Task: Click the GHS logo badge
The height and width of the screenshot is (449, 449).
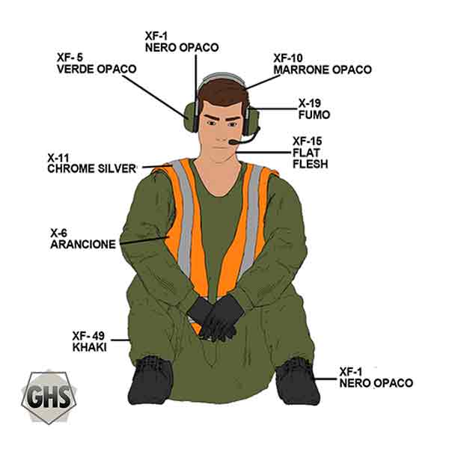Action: [x=49, y=397]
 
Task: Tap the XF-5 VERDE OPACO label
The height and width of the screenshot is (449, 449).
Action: [x=97, y=64]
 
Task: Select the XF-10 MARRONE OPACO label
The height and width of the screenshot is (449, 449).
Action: [x=323, y=64]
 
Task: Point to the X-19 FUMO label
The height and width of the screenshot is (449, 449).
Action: [x=314, y=109]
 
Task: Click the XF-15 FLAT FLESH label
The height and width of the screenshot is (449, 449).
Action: [x=310, y=153]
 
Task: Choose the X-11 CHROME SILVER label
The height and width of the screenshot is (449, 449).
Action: [x=91, y=163]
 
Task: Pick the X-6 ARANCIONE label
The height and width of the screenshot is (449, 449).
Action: [x=83, y=239]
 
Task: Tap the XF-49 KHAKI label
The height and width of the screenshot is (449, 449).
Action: [x=89, y=341]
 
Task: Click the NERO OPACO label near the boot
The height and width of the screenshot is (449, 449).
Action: [x=376, y=377]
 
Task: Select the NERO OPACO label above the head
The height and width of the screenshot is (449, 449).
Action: [x=182, y=42]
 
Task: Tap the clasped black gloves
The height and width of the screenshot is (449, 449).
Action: [x=216, y=318]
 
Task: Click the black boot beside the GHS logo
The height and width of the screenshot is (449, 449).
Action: [x=151, y=380]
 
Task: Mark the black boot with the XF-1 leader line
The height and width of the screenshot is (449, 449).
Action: [x=297, y=381]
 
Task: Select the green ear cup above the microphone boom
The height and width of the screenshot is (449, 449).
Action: [x=252, y=120]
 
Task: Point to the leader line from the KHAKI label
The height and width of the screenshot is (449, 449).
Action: [x=120, y=340]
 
